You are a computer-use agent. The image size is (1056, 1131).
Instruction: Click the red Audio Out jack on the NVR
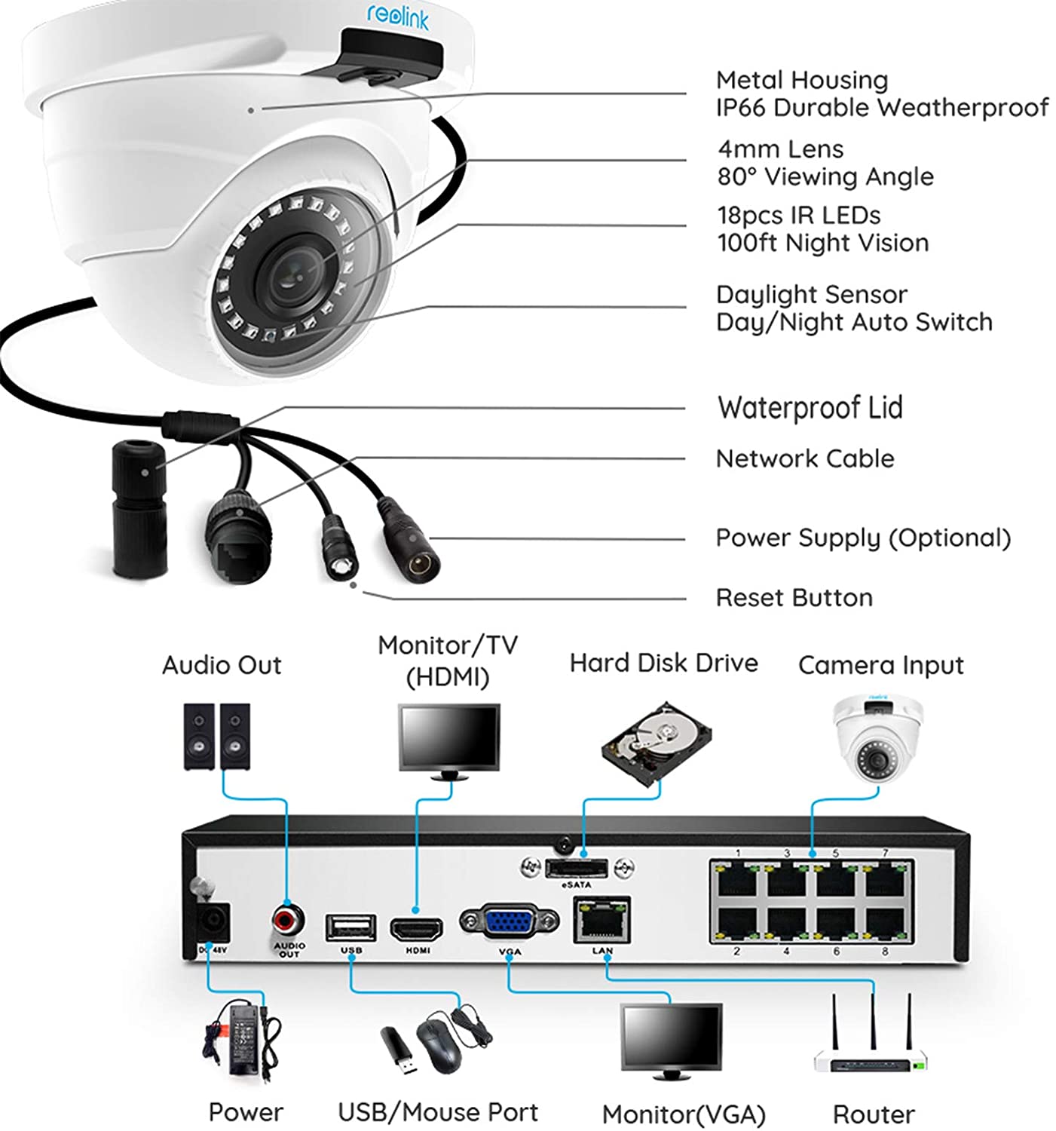pos(288,918)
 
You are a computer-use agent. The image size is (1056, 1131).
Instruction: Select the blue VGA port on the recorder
pos(509,921)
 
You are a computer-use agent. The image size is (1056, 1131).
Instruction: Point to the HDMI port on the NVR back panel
pos(416,930)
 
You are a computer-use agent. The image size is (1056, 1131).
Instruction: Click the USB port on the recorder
pos(350,927)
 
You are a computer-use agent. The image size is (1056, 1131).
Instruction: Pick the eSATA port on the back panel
pos(577,869)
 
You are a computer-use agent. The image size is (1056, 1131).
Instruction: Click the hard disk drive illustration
pos(657,743)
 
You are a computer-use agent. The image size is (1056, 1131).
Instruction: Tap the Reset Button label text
pos(794,598)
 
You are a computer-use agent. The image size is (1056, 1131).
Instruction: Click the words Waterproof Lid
pos(810,408)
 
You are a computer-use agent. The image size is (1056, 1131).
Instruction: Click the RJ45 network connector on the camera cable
pos(238,535)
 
